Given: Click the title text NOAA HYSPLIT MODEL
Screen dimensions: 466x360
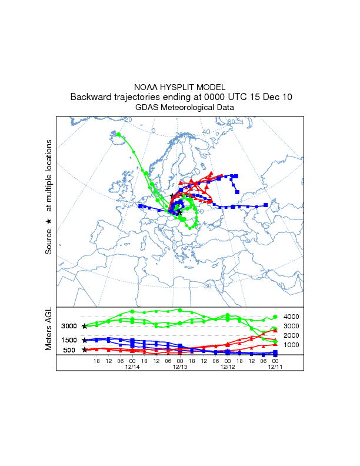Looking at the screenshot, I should point(179,86).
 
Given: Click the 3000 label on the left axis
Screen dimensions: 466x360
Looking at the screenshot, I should point(69,326).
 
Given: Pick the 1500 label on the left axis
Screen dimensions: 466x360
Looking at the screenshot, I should point(69,340).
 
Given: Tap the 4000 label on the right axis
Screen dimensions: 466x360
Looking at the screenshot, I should point(292,317).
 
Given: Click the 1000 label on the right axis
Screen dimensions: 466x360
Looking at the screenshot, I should point(292,345).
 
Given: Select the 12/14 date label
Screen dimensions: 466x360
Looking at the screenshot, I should point(132,367).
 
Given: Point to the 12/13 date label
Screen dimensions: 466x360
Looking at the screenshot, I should point(179,367).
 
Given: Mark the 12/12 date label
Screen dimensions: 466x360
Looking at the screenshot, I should point(228,367).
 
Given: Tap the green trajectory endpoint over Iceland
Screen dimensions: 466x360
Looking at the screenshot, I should point(118,135).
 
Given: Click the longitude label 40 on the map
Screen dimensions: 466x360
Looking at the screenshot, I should point(206,132).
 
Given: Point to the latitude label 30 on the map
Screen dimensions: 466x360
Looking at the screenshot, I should point(208,286).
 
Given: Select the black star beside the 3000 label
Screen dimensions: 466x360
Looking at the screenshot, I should point(85,326).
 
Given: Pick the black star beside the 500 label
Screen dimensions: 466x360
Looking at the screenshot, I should point(85,350).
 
